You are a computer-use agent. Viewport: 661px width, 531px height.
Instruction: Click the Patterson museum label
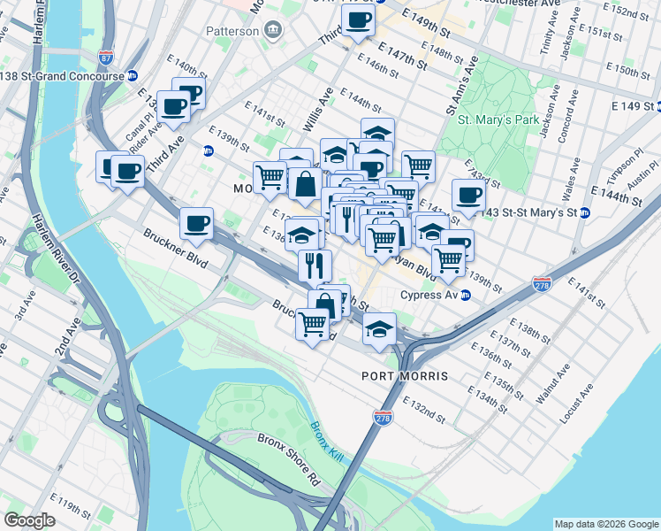232,31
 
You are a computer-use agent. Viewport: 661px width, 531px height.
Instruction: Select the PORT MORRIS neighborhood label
405,376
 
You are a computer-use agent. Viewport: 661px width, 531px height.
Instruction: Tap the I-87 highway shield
106,58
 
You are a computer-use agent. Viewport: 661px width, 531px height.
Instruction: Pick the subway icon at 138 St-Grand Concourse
132,76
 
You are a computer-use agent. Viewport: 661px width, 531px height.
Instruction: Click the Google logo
30,519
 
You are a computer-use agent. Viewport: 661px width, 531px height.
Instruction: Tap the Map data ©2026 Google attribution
604,523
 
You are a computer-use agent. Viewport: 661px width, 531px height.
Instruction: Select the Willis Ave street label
320,105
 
